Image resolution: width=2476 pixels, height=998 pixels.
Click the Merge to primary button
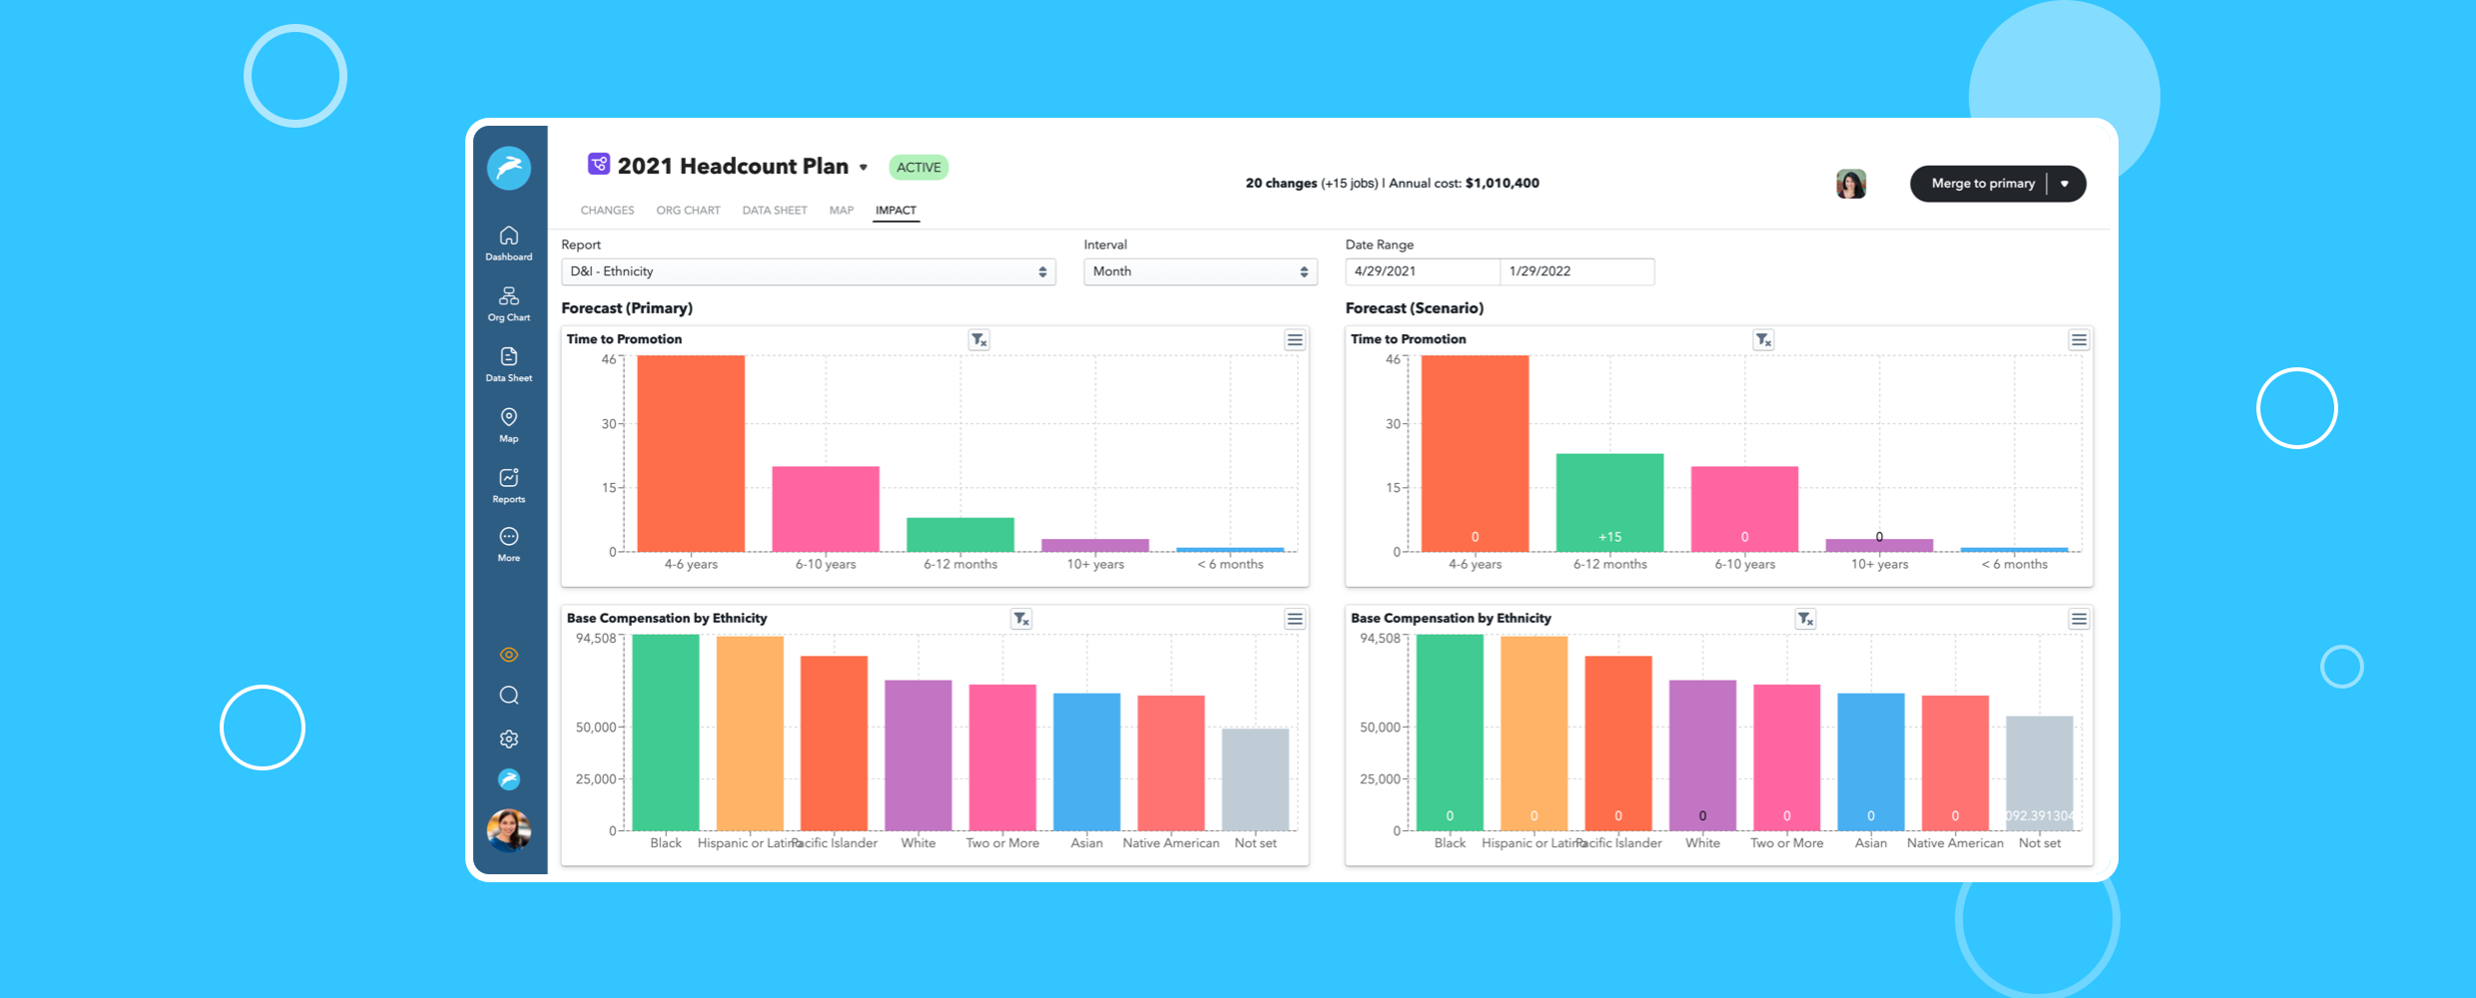click(x=1982, y=184)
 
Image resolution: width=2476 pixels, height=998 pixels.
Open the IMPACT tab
click(x=896, y=211)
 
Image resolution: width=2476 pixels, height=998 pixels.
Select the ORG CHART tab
click(x=688, y=211)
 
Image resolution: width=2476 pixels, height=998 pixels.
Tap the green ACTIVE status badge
click(x=918, y=168)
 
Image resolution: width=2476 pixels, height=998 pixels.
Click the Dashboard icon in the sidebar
click(x=509, y=243)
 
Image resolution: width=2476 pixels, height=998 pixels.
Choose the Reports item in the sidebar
click(x=509, y=485)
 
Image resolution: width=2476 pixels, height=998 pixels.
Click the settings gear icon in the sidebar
click(x=509, y=739)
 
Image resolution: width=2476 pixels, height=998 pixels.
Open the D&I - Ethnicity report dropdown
click(x=808, y=271)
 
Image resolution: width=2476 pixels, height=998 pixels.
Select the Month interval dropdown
click(x=1200, y=271)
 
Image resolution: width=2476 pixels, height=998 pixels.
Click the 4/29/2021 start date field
click(x=1422, y=271)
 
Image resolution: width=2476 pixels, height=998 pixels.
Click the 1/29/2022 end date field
click(x=1576, y=271)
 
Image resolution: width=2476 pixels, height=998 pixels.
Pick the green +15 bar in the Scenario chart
click(x=1609, y=503)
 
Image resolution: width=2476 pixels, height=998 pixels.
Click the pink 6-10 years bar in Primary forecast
click(x=826, y=509)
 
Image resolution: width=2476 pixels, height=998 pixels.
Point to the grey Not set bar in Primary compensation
click(x=1255, y=779)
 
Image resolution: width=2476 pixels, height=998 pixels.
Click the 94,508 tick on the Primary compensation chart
click(x=596, y=639)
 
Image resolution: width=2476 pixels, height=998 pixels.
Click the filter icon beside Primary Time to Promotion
click(x=978, y=340)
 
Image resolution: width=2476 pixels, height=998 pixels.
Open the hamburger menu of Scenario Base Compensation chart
click(x=2079, y=620)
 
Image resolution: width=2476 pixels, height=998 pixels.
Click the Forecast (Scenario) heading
click(x=1414, y=308)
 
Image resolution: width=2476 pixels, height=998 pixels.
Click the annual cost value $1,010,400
click(x=1502, y=184)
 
